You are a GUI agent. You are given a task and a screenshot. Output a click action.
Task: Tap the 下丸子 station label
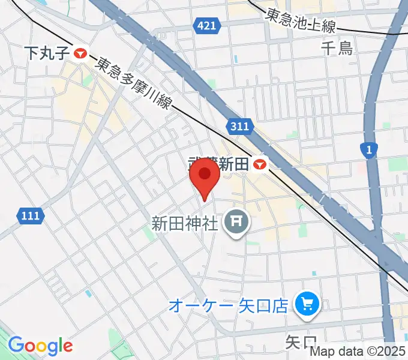[48, 53]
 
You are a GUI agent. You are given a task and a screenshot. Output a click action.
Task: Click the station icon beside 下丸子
[80, 53]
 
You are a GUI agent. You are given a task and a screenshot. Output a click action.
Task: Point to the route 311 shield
[239, 126]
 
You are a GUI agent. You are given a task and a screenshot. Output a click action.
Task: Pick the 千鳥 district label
[337, 47]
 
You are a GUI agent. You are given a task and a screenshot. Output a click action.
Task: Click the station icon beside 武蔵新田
[260, 164]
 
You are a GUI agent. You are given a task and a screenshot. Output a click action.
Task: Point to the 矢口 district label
[300, 343]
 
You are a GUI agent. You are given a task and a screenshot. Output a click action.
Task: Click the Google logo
[40, 345]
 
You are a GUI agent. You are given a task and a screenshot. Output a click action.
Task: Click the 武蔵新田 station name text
[218, 164]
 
